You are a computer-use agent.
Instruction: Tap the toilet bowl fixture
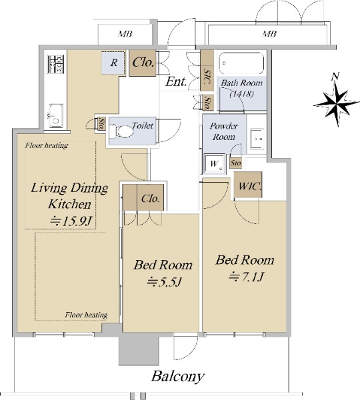(125, 131)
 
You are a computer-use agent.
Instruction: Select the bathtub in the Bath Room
(241, 64)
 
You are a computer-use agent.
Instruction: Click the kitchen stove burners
(55, 64)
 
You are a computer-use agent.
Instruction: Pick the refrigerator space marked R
(113, 63)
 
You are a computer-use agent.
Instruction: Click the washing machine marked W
(214, 163)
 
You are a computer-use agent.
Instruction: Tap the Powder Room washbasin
(257, 139)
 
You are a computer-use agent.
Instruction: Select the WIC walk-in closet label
(249, 186)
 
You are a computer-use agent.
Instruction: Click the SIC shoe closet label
(207, 77)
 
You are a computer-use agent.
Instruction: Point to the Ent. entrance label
(176, 82)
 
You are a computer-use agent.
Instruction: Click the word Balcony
(178, 377)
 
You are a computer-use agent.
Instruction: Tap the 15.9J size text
(71, 221)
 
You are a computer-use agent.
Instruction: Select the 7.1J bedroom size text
(246, 277)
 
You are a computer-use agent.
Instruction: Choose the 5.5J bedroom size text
(164, 282)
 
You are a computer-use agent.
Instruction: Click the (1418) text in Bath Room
(241, 94)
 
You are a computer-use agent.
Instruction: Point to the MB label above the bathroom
(269, 33)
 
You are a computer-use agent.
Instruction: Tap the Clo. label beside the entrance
(143, 62)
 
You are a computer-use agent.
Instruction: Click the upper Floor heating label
(47, 145)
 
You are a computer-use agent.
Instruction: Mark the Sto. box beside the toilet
(101, 123)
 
